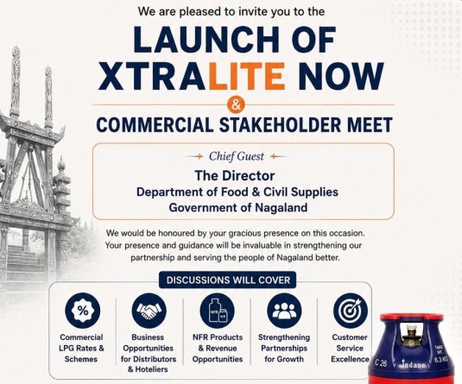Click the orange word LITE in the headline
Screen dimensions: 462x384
(247, 76)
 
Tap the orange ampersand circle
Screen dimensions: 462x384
(236, 104)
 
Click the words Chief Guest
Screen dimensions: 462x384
(237, 156)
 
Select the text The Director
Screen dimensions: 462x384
(235, 176)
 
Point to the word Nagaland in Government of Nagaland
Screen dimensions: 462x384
(281, 208)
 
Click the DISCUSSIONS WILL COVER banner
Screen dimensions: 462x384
(227, 280)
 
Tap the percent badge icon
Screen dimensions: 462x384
(83, 311)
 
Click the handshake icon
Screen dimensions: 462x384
(149, 311)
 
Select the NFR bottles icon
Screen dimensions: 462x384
(218, 311)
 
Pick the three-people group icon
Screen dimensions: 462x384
(284, 311)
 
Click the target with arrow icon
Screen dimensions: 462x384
(351, 311)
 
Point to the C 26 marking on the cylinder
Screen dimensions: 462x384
(381, 363)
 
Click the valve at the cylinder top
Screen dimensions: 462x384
(410, 336)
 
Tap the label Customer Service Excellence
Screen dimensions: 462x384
(350, 348)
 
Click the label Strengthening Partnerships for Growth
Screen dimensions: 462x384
(284, 348)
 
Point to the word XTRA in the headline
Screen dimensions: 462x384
(154, 76)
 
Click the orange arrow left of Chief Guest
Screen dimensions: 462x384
(197, 156)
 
